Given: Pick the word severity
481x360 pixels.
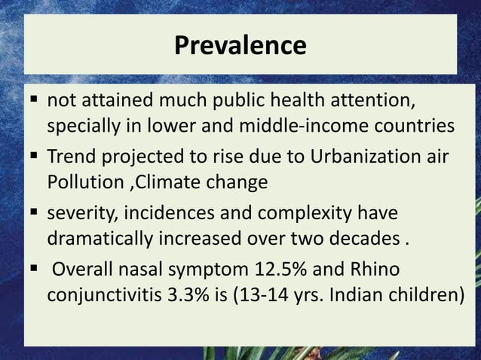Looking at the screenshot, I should click(78, 205).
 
